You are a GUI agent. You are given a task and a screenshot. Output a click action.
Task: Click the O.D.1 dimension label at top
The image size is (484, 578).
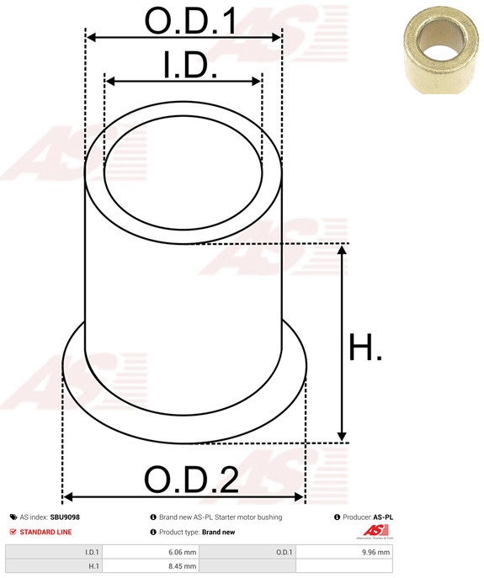pos(190,21)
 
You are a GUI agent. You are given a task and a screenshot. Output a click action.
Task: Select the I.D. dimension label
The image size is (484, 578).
pos(190,66)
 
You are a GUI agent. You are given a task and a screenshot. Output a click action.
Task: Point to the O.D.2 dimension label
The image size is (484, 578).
pos(190,480)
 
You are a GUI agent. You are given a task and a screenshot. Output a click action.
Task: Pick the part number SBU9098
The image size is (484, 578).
pos(65,517)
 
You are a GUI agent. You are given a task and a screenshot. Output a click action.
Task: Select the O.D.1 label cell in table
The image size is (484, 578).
pos(283,552)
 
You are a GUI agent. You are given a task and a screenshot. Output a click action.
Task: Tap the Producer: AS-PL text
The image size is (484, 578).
pos(369,517)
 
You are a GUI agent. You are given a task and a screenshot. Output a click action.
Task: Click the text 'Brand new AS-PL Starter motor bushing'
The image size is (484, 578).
pos(221,517)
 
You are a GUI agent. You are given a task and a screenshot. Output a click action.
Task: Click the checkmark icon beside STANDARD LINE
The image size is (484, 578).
pos(13,532)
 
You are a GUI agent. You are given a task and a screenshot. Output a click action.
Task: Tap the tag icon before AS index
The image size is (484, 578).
pos(13,517)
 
